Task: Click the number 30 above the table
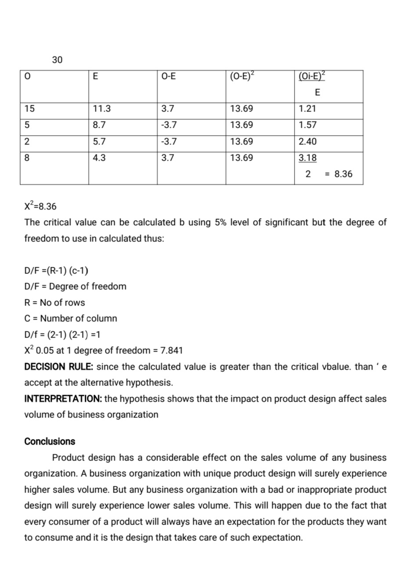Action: tap(57, 60)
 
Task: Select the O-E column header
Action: tap(169, 76)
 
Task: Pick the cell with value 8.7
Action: tap(99, 125)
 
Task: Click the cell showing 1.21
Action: tap(307, 109)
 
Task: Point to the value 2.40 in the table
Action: tap(307, 142)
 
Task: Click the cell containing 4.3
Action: tap(99, 158)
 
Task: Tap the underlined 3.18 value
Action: tap(307, 158)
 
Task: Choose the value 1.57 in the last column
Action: tap(307, 125)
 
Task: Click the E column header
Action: tap(95, 76)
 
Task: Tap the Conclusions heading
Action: tap(50, 442)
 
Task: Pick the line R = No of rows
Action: tap(54, 302)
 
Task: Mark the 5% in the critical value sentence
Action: tap(221, 222)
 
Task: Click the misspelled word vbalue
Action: tap(336, 367)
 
